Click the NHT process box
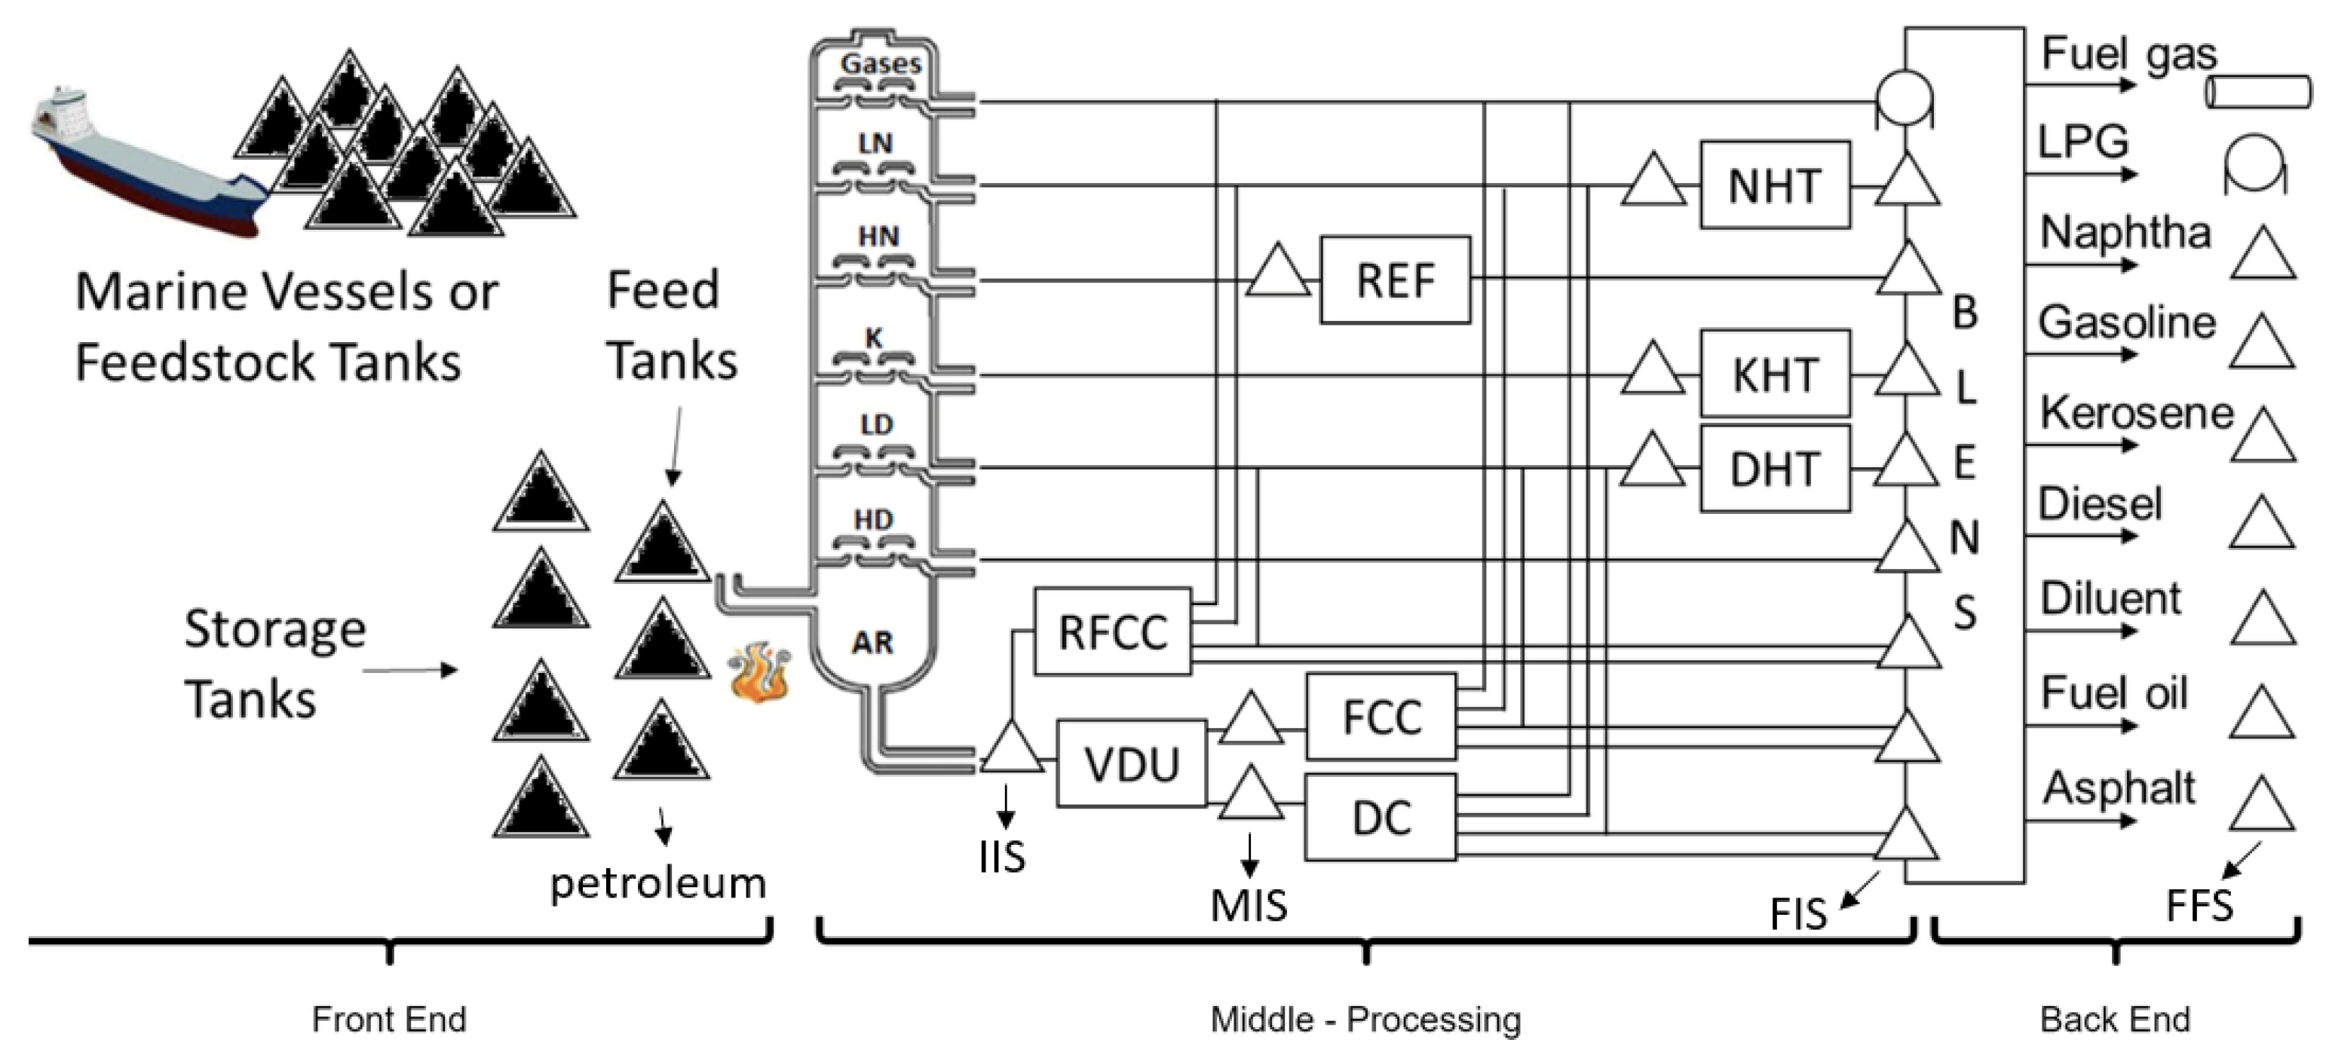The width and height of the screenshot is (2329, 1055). (1774, 185)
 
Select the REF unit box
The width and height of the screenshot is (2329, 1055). (1394, 280)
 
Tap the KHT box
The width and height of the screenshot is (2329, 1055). (1774, 375)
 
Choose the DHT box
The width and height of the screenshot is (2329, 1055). (1774, 468)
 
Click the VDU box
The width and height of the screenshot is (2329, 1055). (1131, 764)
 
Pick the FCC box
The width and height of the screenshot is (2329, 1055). (1381, 717)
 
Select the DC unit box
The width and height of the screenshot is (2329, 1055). (1381, 817)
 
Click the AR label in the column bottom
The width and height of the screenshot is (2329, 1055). (872, 642)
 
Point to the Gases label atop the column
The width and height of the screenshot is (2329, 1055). (880, 63)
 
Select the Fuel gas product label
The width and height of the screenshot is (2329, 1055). (2128, 54)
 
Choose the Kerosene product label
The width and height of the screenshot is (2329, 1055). (2135, 413)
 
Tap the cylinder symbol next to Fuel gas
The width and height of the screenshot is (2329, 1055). (2257, 92)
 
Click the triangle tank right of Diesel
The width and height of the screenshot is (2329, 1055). (2261, 524)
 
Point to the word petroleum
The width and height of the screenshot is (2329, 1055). (657, 883)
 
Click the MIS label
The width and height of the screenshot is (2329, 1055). (1249, 905)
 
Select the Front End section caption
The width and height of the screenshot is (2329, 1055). (389, 1019)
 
